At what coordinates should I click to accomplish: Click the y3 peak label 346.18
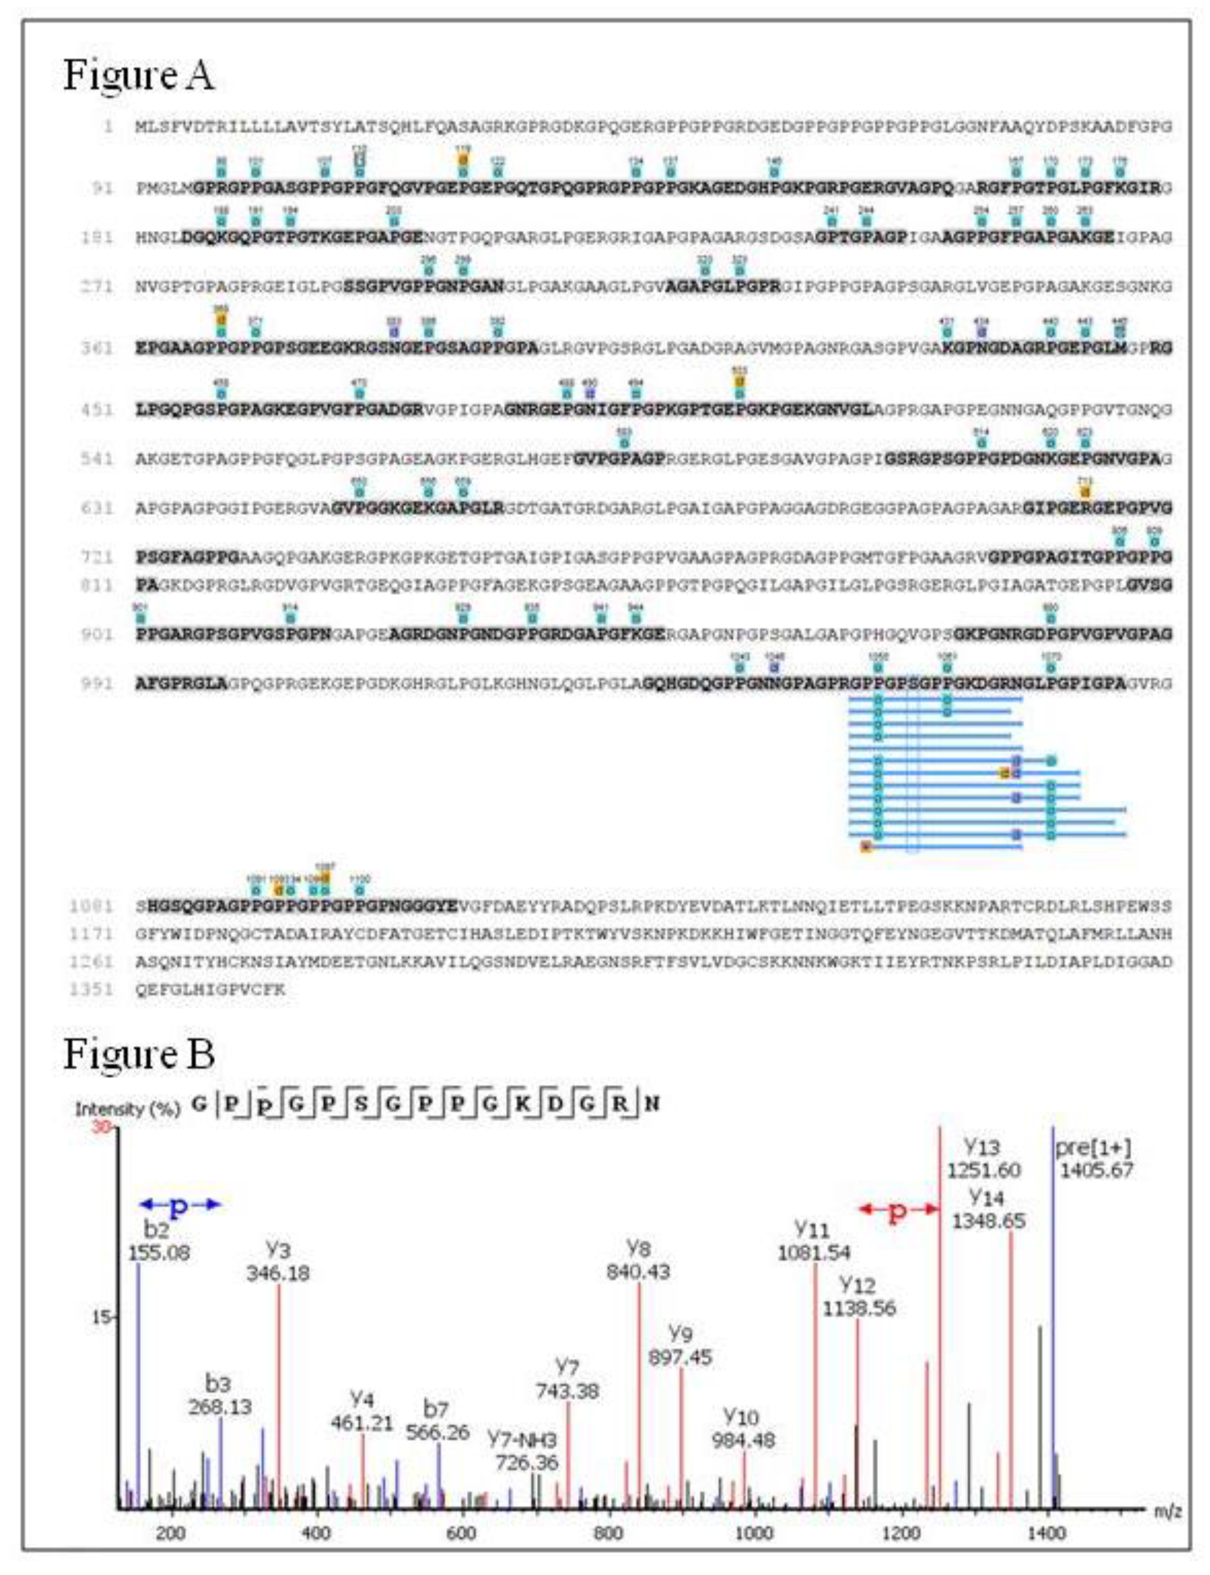278,1273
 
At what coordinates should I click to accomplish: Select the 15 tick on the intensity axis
101,1318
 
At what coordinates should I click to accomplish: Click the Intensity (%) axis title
127,1109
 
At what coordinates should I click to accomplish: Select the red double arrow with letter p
899,1210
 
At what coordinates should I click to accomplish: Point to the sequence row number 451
97,410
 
